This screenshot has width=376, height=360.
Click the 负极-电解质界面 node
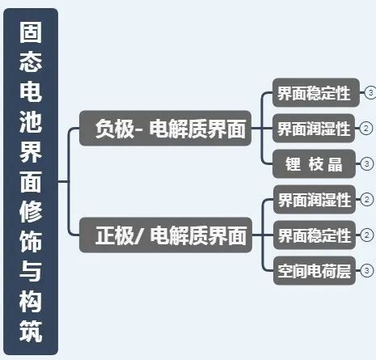[x=165, y=128]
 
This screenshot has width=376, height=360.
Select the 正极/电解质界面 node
[x=166, y=235]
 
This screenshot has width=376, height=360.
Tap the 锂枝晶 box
[x=314, y=163]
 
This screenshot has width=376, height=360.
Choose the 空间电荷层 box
[x=315, y=270]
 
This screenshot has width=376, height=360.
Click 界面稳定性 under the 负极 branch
[x=316, y=92]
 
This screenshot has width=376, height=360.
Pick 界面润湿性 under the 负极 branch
[x=314, y=128]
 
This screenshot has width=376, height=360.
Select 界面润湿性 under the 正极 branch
[x=315, y=199]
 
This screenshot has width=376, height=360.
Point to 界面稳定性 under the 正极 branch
[x=315, y=235]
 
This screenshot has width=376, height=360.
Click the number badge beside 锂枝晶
[x=366, y=163]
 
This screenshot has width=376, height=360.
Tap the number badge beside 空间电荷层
[x=366, y=270]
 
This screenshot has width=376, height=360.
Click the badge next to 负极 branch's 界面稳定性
[x=370, y=92]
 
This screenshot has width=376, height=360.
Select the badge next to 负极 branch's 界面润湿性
[x=366, y=128]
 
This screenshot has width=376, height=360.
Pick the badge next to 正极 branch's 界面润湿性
[x=366, y=199]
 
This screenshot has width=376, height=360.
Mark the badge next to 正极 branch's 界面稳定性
[x=366, y=235]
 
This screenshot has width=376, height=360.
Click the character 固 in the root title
[x=31, y=32]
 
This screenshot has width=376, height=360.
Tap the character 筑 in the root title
[x=31, y=331]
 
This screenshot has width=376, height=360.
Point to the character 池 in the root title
[x=31, y=122]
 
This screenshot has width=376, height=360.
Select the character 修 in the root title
[x=31, y=212]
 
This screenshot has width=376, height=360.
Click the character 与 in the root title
[x=31, y=271]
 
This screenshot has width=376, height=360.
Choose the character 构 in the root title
[x=31, y=301]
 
